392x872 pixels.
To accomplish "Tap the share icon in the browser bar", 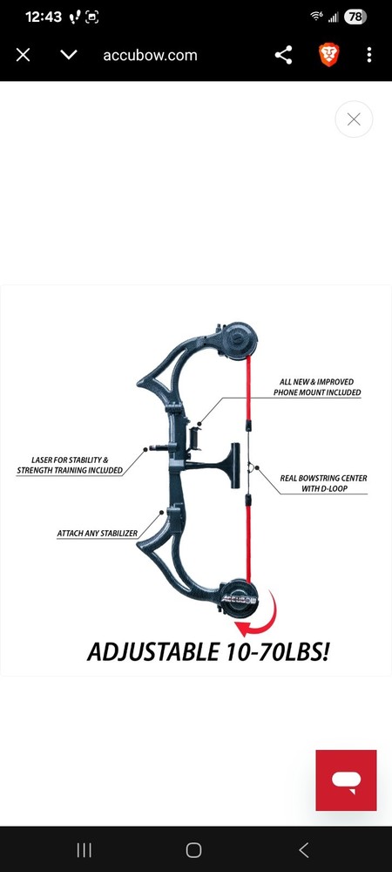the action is click(283, 55).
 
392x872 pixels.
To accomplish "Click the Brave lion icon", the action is click(328, 55).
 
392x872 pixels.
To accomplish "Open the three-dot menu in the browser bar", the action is click(369, 55).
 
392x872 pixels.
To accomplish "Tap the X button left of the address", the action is click(23, 55).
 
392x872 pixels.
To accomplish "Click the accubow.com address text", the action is click(150, 55).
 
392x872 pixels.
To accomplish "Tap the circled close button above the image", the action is click(354, 119).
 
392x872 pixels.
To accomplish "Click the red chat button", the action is click(346, 780).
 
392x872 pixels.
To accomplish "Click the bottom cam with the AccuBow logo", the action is click(239, 598).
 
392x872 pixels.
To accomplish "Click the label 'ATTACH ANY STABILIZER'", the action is click(98, 534).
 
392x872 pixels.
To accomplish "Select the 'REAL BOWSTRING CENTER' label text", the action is click(323, 478).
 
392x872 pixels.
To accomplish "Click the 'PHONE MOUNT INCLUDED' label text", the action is click(317, 392).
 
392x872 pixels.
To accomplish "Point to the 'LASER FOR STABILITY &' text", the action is click(70, 460).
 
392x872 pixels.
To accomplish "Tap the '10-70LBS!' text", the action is click(271, 651).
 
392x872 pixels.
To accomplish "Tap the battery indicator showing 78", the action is click(355, 17).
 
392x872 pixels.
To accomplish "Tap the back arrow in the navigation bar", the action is click(303, 849).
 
